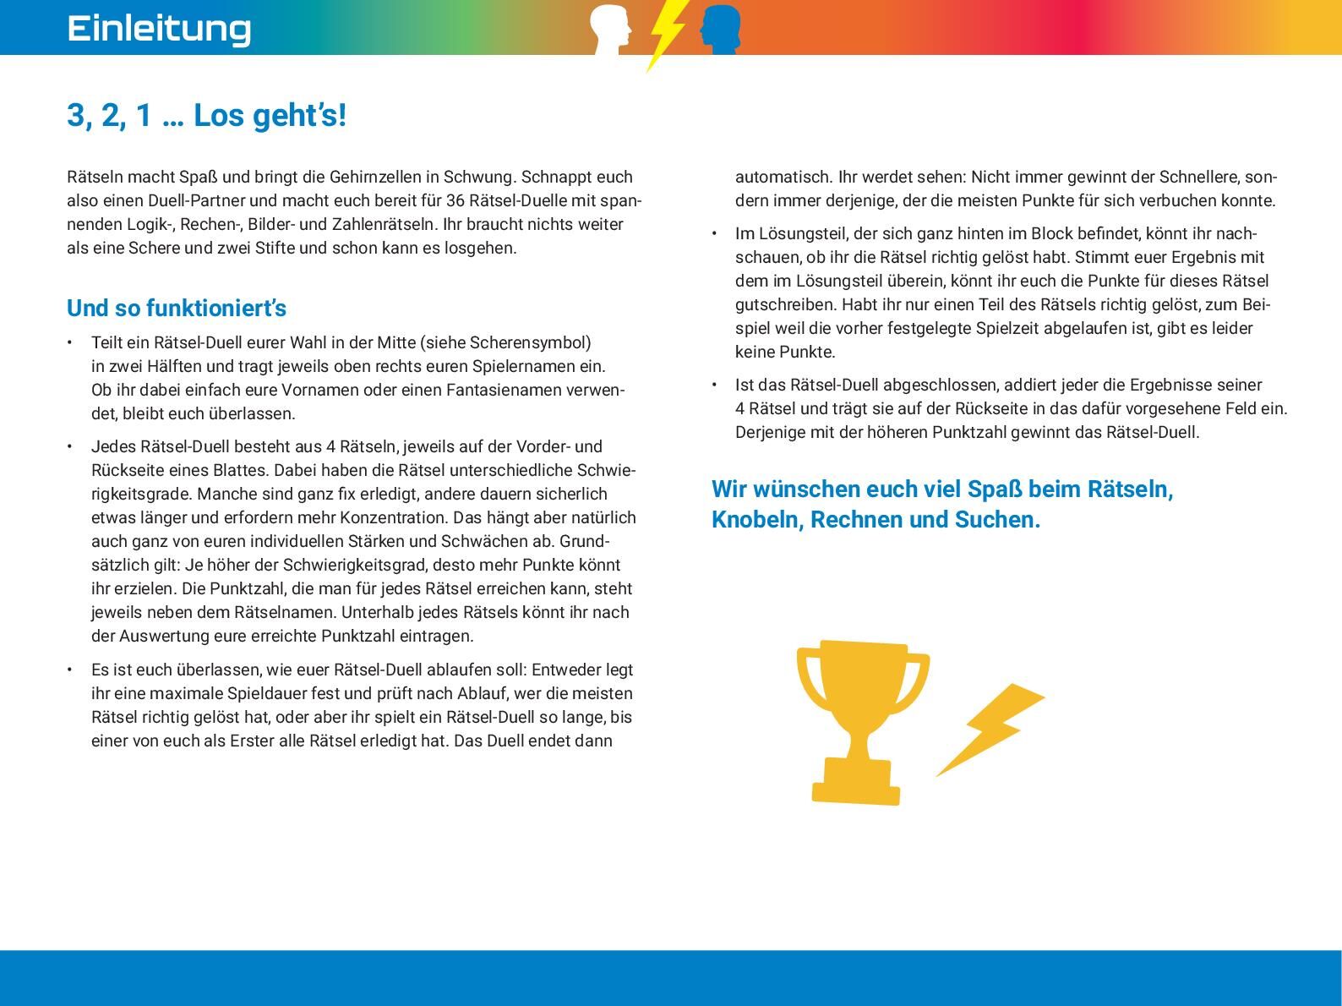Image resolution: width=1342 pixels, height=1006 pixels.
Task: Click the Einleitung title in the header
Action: (x=159, y=28)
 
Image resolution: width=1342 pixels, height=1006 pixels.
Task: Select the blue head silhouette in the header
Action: (x=721, y=28)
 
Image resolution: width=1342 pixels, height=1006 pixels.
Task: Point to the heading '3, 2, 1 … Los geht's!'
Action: (x=206, y=116)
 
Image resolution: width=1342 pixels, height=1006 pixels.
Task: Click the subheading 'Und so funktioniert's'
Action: (x=177, y=309)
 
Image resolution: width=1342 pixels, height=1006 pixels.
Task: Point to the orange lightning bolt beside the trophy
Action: (x=993, y=727)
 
